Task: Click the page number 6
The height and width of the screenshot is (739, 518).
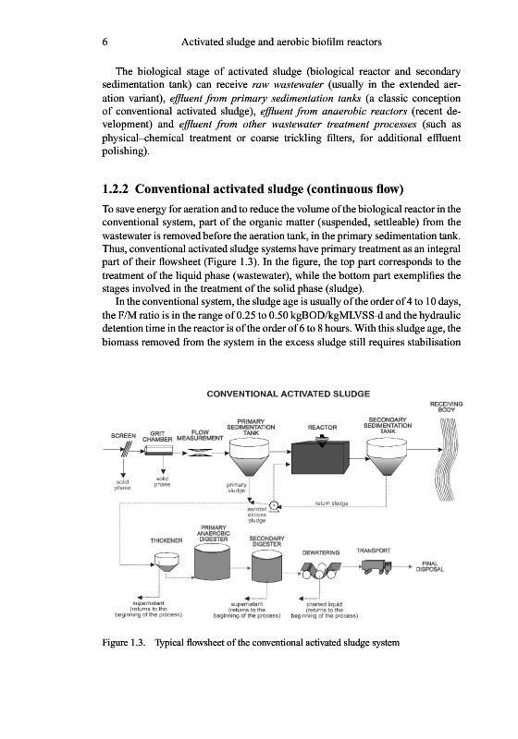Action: pyautogui.click(x=105, y=42)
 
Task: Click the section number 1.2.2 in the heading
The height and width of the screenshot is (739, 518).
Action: pyautogui.click(x=116, y=189)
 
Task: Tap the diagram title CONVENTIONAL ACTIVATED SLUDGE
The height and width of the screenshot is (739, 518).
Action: pyautogui.click(x=289, y=394)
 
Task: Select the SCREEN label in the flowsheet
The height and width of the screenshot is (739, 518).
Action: pyautogui.click(x=124, y=435)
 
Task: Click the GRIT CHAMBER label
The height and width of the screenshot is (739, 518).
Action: pyautogui.click(x=158, y=436)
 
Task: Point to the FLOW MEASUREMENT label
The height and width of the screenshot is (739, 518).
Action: pyautogui.click(x=200, y=435)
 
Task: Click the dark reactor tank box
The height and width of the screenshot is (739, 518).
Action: pyautogui.click(x=321, y=455)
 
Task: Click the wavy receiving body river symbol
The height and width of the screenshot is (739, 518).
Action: pyautogui.click(x=446, y=460)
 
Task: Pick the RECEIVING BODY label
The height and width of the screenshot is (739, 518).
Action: pyautogui.click(x=446, y=406)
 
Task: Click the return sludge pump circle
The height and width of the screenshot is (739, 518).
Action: pyautogui.click(x=273, y=506)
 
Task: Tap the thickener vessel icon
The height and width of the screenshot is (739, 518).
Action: pyautogui.click(x=166, y=563)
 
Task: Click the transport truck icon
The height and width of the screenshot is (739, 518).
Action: pyautogui.click(x=376, y=566)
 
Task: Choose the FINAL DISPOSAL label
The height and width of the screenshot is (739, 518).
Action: pyautogui.click(x=430, y=566)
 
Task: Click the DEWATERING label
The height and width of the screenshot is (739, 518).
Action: pyautogui.click(x=321, y=552)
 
